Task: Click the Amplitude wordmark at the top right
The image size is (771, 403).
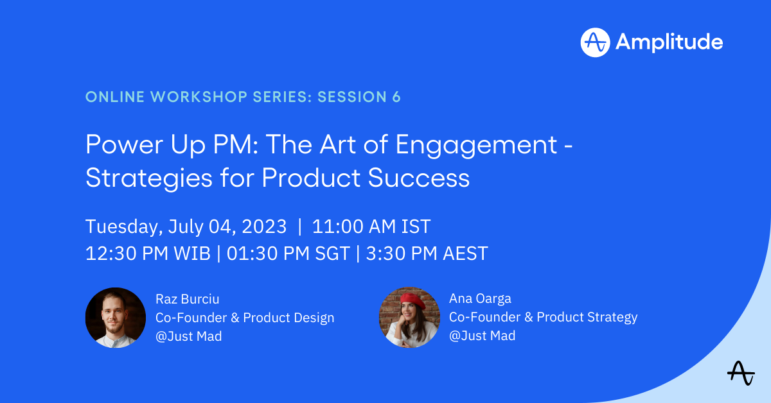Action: pos(669,42)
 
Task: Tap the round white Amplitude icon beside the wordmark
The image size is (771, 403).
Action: pos(595,42)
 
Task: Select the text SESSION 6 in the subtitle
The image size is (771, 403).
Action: pos(359,97)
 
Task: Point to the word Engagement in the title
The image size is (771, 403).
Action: pos(476,145)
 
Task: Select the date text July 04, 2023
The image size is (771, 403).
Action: pos(227,227)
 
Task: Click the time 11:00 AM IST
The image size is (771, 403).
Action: pos(371,227)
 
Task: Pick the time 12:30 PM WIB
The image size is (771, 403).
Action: pos(148,253)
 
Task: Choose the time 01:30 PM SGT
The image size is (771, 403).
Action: pos(288,253)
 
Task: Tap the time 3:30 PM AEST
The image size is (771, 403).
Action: pos(427,253)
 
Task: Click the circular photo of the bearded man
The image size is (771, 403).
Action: pos(116,318)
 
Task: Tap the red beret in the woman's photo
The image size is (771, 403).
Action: pos(412,298)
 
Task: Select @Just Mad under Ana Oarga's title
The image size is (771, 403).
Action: pos(482,336)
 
